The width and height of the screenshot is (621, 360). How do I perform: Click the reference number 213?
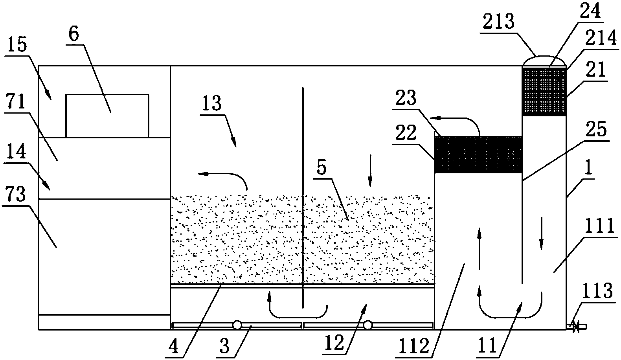[x=498, y=21]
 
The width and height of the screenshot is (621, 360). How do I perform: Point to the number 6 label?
[x=74, y=34]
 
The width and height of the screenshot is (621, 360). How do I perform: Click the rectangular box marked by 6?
[x=107, y=116]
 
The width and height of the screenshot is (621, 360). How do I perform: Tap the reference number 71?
[x=16, y=102]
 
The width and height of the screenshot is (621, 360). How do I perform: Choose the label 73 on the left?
[x=16, y=194]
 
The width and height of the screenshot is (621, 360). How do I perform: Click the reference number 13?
[x=212, y=103]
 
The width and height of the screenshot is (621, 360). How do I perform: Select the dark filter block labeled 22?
[x=478, y=154]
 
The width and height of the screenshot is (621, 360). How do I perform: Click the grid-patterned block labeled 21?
[x=544, y=91]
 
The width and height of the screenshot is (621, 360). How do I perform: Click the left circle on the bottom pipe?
[x=237, y=325]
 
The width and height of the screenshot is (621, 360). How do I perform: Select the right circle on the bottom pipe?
[x=368, y=325]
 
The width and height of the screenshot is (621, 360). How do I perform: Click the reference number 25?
[x=596, y=129]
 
